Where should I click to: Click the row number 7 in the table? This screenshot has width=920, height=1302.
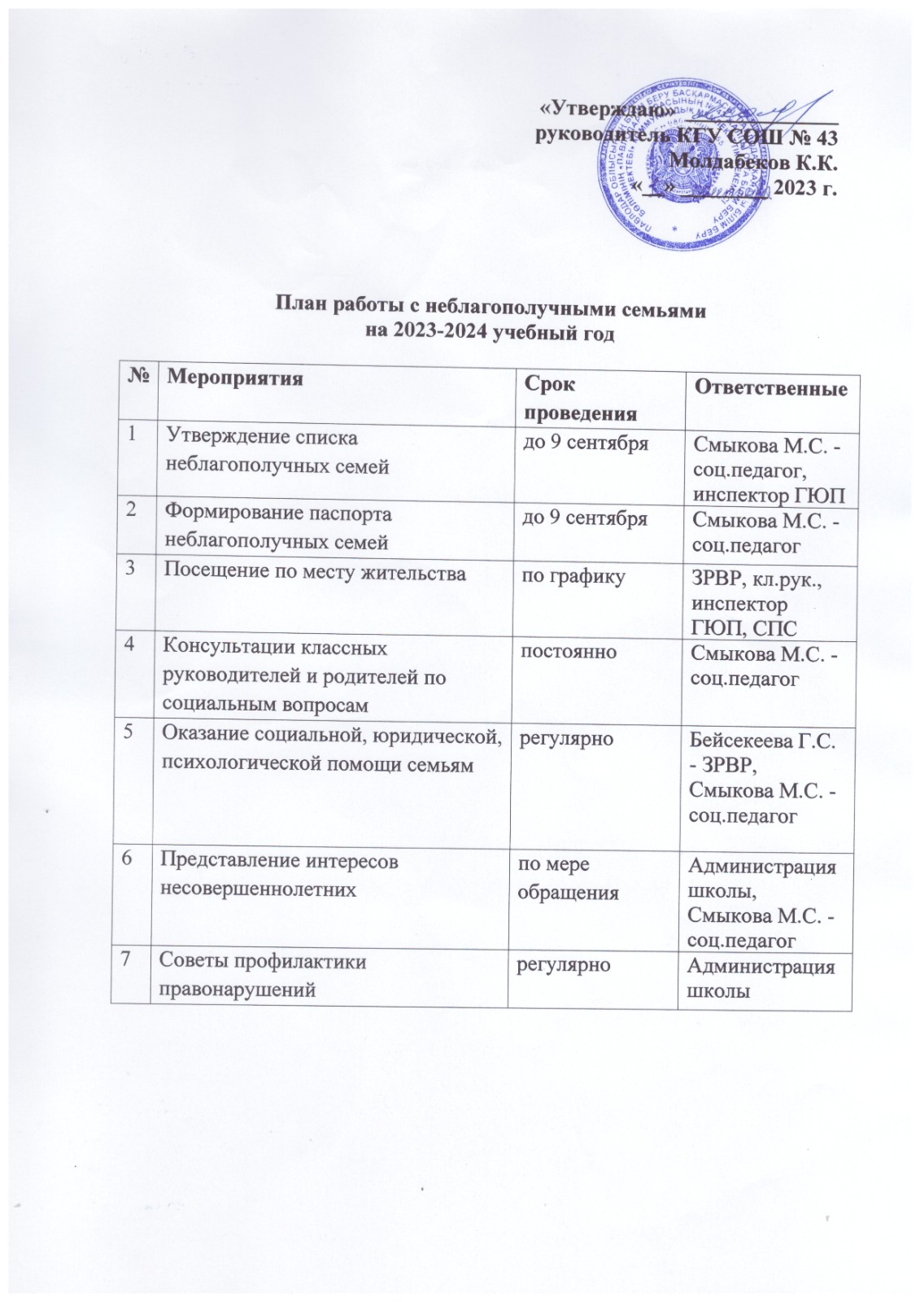point(128,961)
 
